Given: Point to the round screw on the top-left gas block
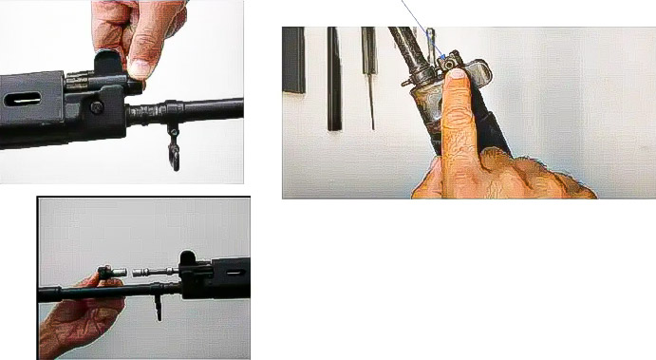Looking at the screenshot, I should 97,107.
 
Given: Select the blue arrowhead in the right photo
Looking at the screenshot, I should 440,59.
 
